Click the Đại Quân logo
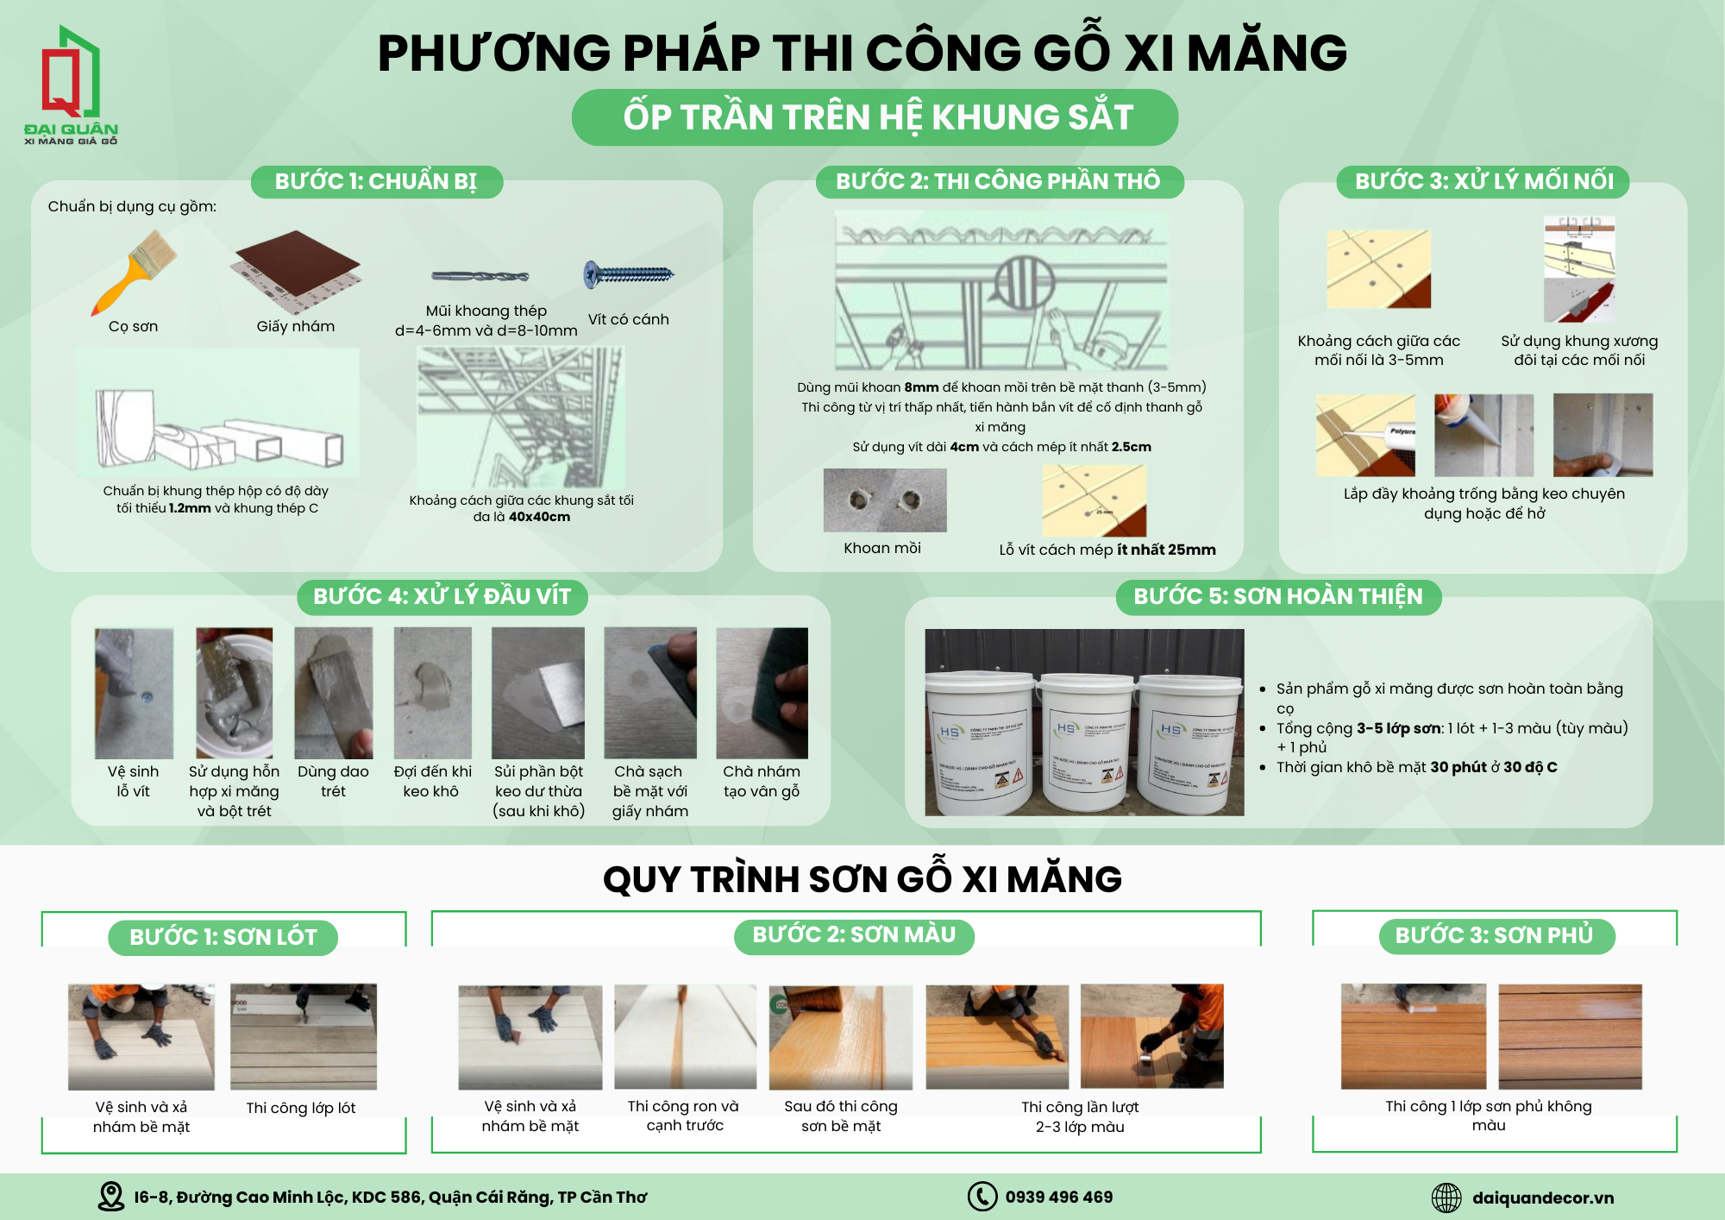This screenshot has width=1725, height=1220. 71,85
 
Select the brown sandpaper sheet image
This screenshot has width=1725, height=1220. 298,270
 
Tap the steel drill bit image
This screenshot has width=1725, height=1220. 480,277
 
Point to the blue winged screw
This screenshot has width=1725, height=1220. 629,274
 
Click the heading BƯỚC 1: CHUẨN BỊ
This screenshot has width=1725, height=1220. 376,182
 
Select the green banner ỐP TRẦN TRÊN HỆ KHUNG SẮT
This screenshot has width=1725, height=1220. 875,117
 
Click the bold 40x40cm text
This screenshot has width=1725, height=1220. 539,517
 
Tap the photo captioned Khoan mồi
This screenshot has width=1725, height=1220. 885,500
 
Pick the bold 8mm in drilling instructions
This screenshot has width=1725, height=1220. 921,387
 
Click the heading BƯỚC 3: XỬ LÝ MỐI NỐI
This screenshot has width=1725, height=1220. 1483,182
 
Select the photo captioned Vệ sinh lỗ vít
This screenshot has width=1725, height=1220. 134,694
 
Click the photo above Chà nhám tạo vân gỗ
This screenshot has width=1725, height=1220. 762,694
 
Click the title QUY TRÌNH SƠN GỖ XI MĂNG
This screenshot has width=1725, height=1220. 862,879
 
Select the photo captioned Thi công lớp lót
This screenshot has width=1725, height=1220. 304,1036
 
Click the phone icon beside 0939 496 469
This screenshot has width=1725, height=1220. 982,1197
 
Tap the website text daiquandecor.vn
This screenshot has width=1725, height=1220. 1542,1198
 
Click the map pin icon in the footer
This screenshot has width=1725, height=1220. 110,1197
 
